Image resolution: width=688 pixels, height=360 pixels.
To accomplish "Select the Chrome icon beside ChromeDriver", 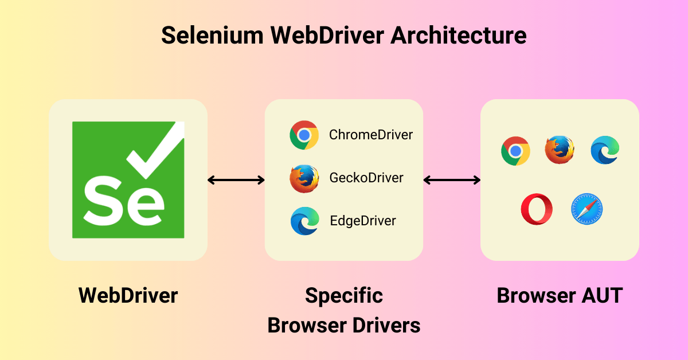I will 304,135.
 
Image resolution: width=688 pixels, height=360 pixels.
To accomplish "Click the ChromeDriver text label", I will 370,135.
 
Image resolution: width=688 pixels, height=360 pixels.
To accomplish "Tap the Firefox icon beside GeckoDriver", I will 304,178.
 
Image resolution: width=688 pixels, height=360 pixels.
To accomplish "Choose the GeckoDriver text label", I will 366,178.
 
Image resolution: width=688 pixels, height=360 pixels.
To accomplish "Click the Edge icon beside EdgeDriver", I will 304,221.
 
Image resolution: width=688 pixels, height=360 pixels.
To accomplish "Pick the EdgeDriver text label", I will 363,221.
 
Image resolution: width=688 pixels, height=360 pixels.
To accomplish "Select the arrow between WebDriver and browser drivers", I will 236,180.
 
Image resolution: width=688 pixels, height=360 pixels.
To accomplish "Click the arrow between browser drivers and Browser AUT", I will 452,180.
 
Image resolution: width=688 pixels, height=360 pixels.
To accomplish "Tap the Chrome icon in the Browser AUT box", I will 515,151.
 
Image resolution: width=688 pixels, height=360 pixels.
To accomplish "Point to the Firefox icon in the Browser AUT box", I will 560,150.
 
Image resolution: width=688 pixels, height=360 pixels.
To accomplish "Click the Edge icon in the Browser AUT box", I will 605,150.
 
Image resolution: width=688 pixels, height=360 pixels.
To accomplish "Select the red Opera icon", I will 537,209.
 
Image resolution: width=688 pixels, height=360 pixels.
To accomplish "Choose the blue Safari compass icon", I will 587,209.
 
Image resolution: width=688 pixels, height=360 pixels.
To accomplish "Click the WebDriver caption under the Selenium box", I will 128,296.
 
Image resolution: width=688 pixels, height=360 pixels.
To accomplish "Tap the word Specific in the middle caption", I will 344,296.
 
